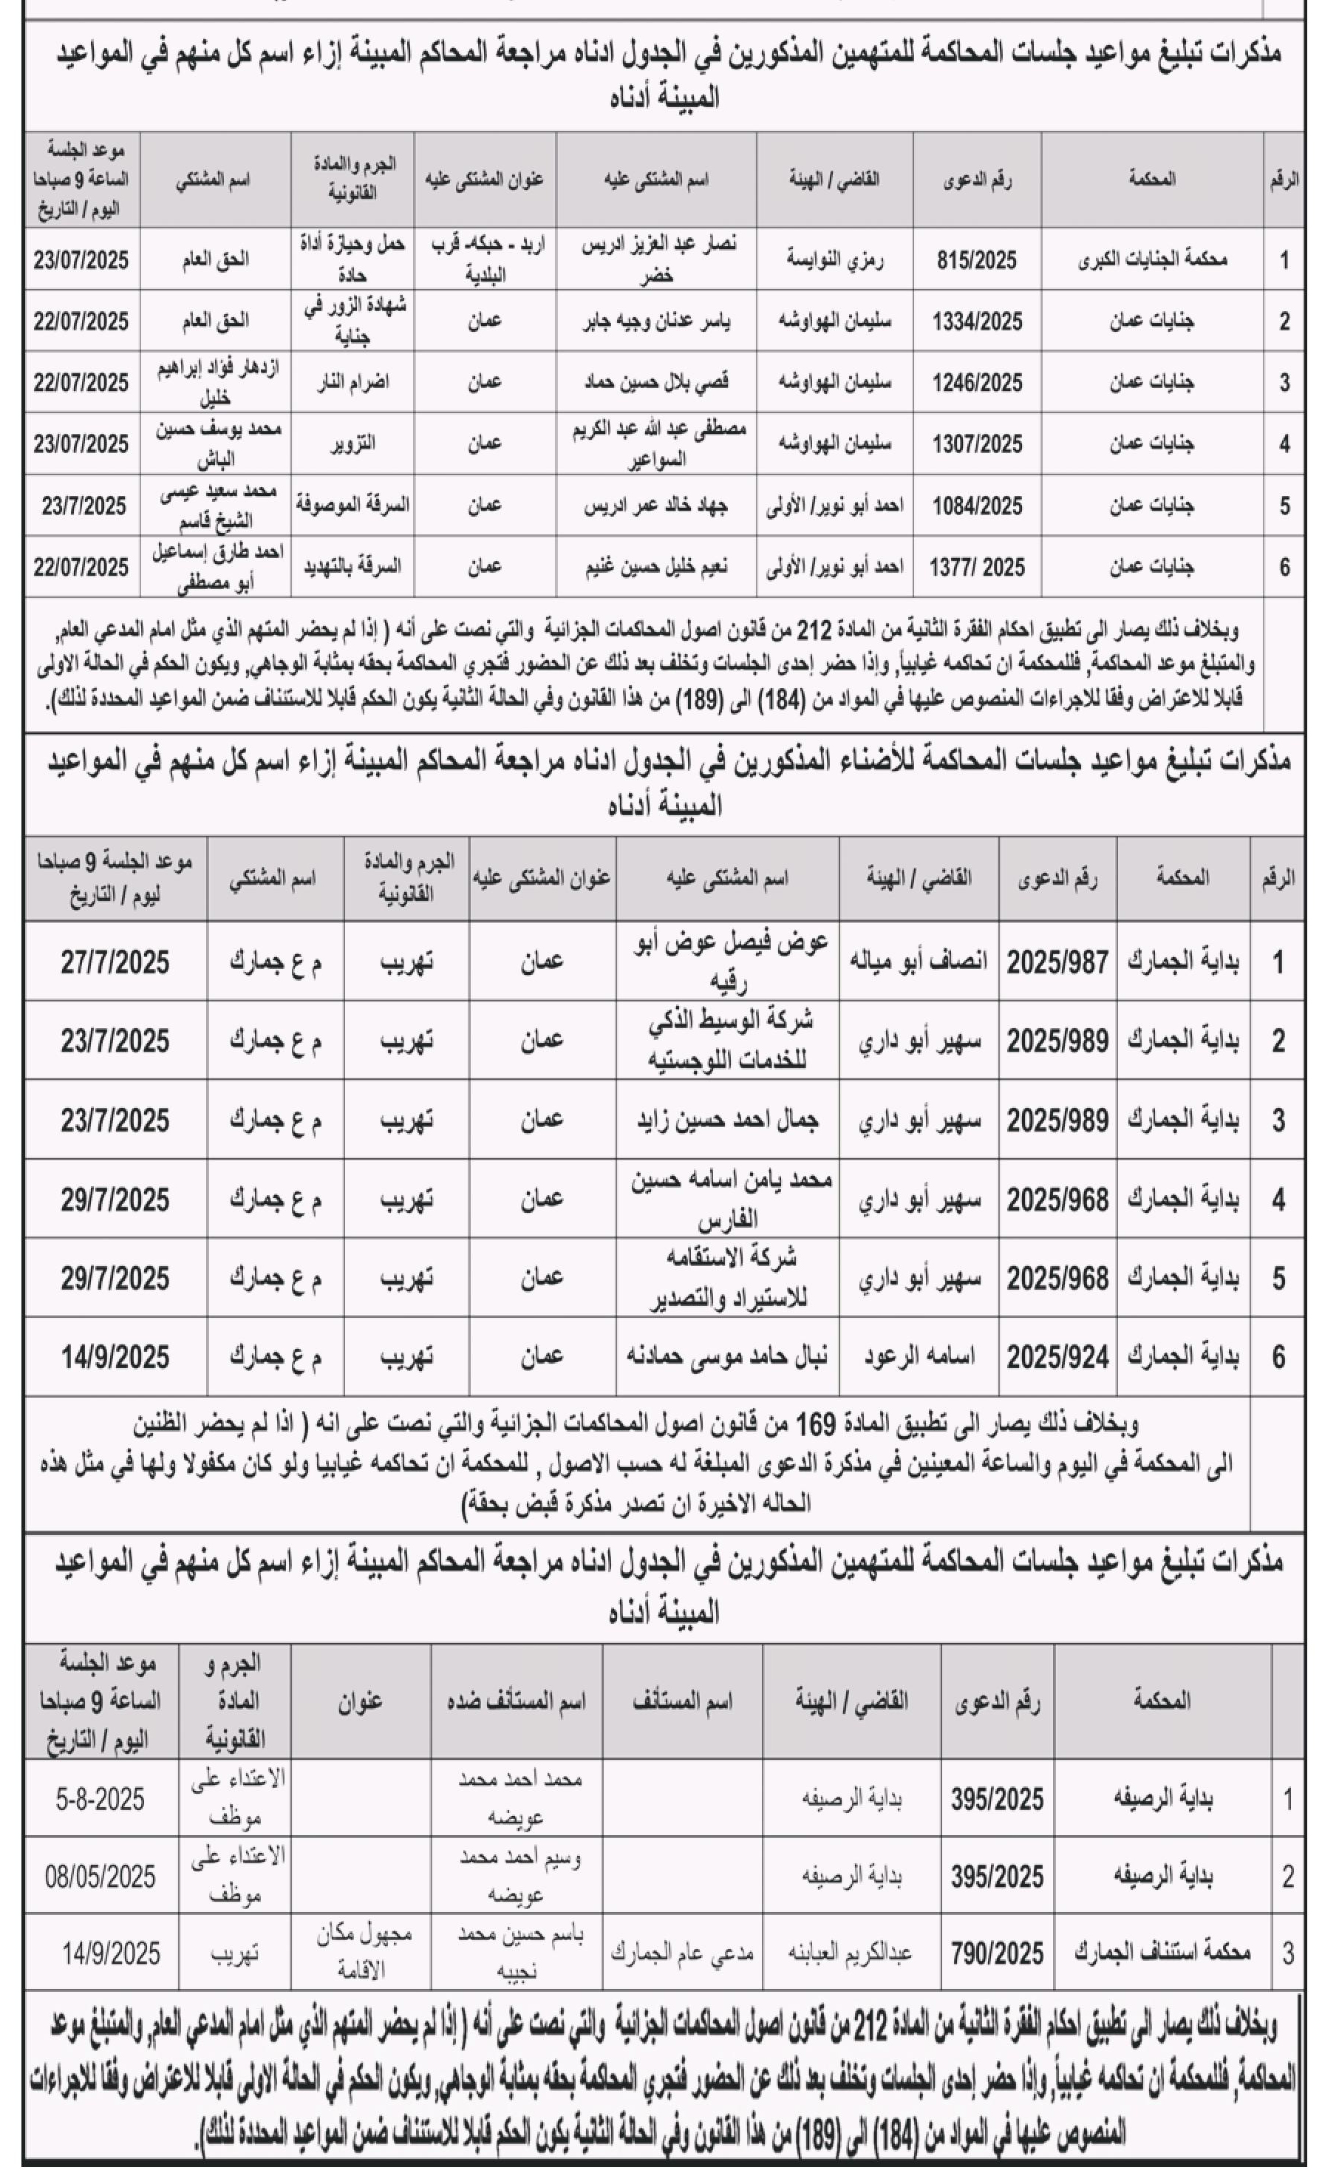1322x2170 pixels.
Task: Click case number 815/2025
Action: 977,260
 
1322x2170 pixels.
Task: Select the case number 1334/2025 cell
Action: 977,322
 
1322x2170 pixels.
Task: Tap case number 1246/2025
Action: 977,383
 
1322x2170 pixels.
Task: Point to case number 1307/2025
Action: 977,445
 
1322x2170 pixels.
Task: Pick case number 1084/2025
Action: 977,506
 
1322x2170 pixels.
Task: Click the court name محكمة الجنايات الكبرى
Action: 1152,260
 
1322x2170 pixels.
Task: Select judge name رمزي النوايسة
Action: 834,260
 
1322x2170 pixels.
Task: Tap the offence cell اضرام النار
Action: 352,383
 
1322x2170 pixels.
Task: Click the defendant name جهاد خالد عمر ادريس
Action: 656,506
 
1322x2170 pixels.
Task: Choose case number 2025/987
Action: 1057,962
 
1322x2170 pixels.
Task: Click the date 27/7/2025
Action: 115,962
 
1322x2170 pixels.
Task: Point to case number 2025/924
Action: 1057,1357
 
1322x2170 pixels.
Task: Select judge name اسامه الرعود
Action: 918,1357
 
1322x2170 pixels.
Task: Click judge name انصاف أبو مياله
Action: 918,962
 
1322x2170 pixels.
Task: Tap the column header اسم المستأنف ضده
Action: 516,1701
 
